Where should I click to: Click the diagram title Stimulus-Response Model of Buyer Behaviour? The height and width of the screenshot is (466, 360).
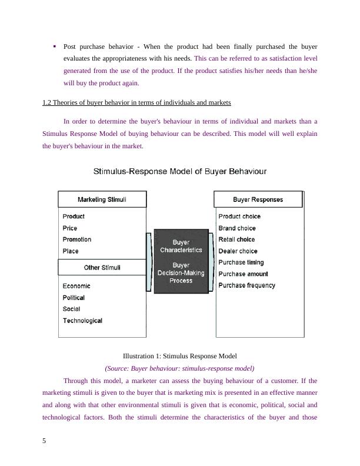(x=180, y=172)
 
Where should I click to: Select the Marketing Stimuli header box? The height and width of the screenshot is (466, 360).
(x=102, y=199)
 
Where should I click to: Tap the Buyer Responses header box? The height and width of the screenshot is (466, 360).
(x=258, y=199)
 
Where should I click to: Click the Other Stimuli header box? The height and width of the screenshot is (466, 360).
(x=102, y=268)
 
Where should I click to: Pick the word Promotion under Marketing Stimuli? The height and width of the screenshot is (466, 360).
(x=77, y=239)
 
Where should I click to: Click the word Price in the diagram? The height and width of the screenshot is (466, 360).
(x=70, y=228)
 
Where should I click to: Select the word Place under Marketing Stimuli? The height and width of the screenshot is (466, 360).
(x=71, y=251)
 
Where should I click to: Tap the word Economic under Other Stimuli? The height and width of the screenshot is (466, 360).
(x=76, y=286)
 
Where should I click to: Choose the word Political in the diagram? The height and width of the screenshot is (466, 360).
(x=74, y=298)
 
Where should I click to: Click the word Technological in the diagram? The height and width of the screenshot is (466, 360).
(x=82, y=321)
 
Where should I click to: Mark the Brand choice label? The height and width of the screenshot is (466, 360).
(x=237, y=228)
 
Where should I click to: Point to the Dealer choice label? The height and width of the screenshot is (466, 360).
(x=238, y=251)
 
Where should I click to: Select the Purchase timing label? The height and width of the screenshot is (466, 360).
(x=241, y=262)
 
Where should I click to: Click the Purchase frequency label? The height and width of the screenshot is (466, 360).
(x=246, y=285)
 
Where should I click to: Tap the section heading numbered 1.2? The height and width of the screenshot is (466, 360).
(x=136, y=103)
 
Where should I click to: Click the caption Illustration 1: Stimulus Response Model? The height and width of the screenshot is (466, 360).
(x=179, y=356)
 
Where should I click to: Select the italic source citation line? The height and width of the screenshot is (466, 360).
(x=179, y=368)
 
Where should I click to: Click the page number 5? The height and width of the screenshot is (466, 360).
(x=45, y=442)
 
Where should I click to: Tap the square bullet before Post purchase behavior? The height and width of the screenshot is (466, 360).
(x=54, y=45)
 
